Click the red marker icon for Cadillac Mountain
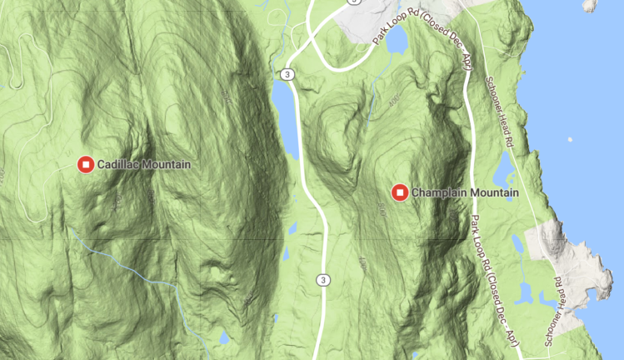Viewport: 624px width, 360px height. [85, 164]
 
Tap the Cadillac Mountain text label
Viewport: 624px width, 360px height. [143, 164]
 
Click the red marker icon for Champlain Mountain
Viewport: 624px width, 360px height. [400, 193]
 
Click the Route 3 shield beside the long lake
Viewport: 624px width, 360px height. [287, 75]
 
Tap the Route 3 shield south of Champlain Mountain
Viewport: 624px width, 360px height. [322, 280]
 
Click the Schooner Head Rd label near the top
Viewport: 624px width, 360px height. [497, 112]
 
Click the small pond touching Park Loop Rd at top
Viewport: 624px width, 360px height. [397, 37]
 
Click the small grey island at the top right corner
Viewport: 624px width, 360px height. [591, 4]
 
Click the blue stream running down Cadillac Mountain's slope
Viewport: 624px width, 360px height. [133, 266]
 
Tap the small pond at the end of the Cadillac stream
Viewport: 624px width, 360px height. [223, 338]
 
